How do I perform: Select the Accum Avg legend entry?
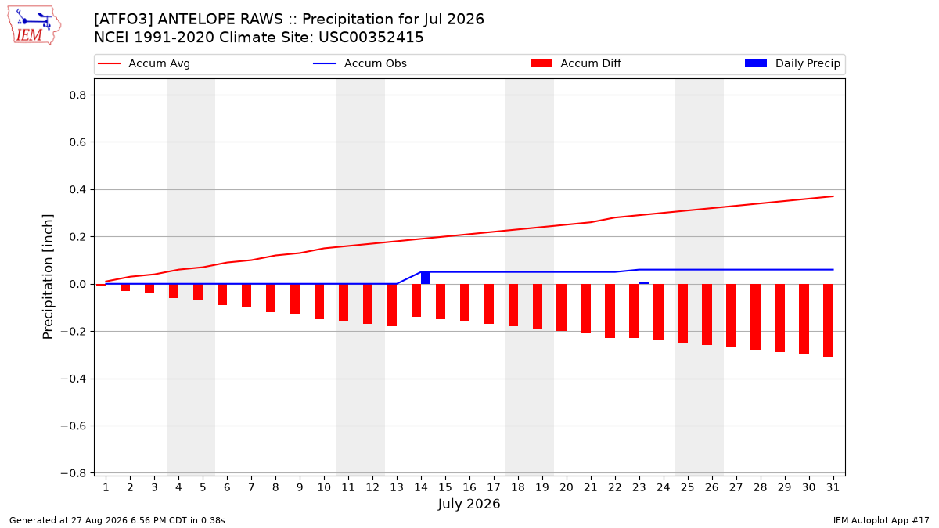pos(144,63)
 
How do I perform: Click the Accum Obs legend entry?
pos(360,63)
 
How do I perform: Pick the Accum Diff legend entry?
pos(576,63)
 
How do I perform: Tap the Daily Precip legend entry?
pos(792,63)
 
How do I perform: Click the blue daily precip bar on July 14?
pos(426,278)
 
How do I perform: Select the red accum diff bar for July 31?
pos(828,320)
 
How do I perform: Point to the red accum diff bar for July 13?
pos(392,305)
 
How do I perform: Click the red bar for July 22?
pos(610,311)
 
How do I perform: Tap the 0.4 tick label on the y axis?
pos(77,190)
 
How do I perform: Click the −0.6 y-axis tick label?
pos(74,426)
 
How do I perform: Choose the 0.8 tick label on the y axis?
pos(77,95)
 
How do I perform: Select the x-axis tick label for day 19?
pos(542,487)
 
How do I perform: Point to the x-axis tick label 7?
pos(251,487)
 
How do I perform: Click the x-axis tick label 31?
pos(833,487)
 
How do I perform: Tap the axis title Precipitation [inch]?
pos(48,277)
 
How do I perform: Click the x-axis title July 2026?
pos(469,504)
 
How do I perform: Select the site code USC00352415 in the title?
pos(371,38)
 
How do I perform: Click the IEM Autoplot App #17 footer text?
pos(881,520)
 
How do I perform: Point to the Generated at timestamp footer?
pos(117,520)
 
